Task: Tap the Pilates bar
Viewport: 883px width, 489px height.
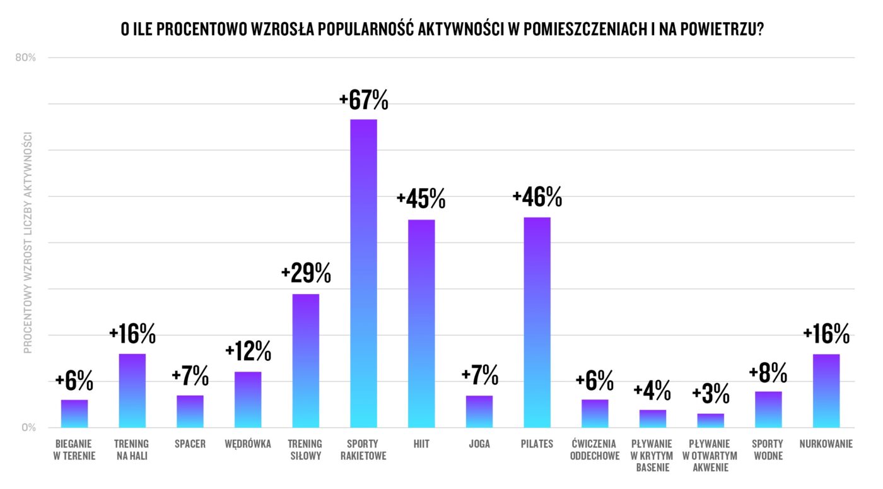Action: click(x=537, y=322)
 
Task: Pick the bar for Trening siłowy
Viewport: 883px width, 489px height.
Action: click(x=306, y=360)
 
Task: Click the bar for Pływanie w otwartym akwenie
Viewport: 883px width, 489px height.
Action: click(x=710, y=420)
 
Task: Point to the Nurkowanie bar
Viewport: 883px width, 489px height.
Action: click(x=826, y=391)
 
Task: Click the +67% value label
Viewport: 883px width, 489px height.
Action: click(x=363, y=100)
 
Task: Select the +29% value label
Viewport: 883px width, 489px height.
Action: click(x=306, y=274)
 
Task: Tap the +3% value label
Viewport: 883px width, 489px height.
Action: click(x=710, y=394)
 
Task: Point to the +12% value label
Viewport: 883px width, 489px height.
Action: click(x=248, y=351)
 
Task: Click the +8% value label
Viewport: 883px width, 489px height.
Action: click(x=768, y=372)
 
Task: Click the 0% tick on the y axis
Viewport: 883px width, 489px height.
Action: click(x=29, y=428)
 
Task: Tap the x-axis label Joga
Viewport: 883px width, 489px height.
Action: click(x=479, y=444)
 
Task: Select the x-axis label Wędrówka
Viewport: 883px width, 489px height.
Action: click(x=248, y=444)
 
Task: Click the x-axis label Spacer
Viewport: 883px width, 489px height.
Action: click(x=190, y=444)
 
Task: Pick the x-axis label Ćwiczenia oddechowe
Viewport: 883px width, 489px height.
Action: click(x=595, y=450)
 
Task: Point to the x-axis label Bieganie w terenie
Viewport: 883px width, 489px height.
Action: click(x=74, y=450)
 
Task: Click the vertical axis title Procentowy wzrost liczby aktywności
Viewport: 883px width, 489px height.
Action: click(x=28, y=243)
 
